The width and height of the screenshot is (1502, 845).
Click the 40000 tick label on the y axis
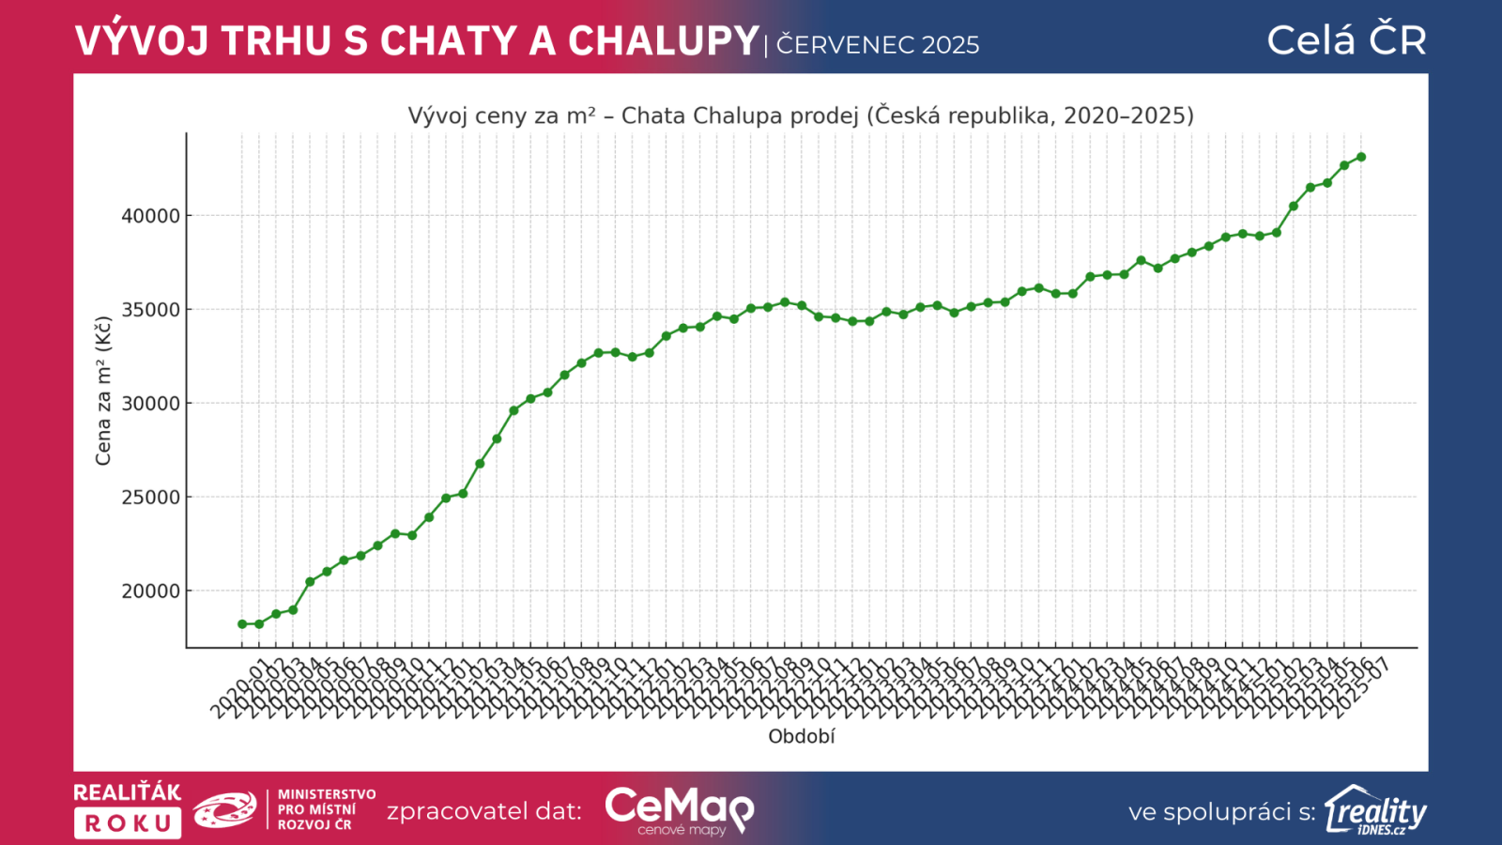pyautogui.click(x=150, y=216)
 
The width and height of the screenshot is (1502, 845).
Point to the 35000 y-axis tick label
pyautogui.click(x=150, y=310)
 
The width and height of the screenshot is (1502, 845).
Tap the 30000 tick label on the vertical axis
pyautogui.click(x=150, y=404)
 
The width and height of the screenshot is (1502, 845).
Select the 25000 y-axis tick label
pyautogui.click(x=150, y=498)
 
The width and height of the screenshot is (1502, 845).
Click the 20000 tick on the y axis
pyautogui.click(x=150, y=591)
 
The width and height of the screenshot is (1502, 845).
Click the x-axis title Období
pyautogui.click(x=801, y=737)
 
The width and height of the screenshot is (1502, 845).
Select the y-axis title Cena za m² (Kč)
pyautogui.click(x=103, y=391)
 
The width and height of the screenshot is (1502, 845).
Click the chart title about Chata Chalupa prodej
pyautogui.click(x=801, y=115)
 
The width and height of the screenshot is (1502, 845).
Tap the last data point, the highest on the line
pyautogui.click(x=1361, y=157)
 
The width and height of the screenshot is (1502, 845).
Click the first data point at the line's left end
pyautogui.click(x=242, y=624)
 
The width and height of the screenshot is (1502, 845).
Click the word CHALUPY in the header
pyautogui.click(x=664, y=41)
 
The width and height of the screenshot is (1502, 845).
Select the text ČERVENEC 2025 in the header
pyautogui.click(x=878, y=45)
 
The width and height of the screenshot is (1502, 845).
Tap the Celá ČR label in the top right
pyautogui.click(x=1346, y=40)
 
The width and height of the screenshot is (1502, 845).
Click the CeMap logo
pyautogui.click(x=679, y=809)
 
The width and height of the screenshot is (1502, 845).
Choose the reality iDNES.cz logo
pyautogui.click(x=1375, y=810)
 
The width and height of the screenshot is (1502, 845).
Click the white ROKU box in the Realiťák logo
pyautogui.click(x=128, y=823)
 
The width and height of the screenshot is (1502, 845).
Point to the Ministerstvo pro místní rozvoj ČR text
pyautogui.click(x=326, y=809)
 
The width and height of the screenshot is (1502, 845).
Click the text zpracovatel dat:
pyautogui.click(x=484, y=811)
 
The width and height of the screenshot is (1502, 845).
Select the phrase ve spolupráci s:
pyautogui.click(x=1221, y=812)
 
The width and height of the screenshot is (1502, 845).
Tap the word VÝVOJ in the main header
pyautogui.click(x=142, y=41)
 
